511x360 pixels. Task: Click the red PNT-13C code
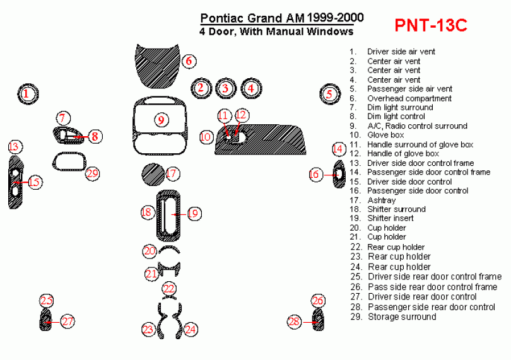(431, 25)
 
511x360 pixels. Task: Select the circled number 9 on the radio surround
(161, 120)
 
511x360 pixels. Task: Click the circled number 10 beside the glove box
(206, 136)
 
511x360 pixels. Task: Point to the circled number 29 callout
(93, 173)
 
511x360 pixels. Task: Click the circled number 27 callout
(68, 322)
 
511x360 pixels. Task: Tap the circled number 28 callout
(295, 322)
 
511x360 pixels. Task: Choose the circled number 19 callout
(193, 214)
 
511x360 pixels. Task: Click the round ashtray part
(151, 173)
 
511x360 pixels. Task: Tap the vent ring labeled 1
(26, 95)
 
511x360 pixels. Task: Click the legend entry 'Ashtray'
(381, 200)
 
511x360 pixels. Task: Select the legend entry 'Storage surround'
(401, 316)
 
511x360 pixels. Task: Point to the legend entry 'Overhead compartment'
(409, 98)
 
